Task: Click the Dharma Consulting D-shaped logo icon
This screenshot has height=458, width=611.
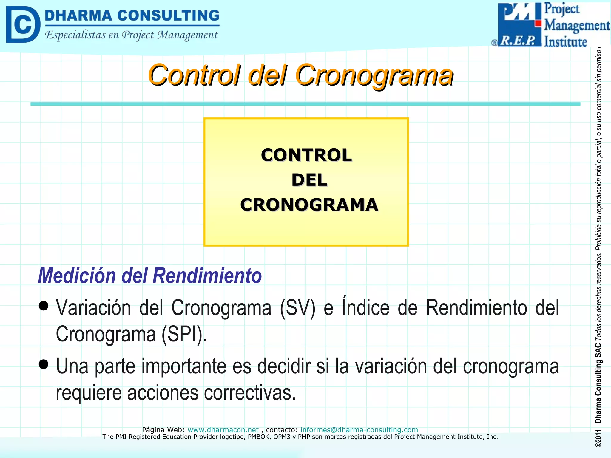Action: (x=23, y=24)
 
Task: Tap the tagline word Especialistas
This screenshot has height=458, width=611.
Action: (x=75, y=35)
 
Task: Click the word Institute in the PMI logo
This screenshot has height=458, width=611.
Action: (x=565, y=42)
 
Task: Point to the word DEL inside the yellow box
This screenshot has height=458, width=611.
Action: (x=309, y=180)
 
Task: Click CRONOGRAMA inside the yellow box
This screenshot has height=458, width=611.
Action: (x=309, y=205)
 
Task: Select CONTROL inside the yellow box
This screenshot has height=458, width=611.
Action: (x=306, y=155)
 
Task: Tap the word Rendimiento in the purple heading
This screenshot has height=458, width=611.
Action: (x=207, y=276)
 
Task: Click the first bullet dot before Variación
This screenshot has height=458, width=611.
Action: (x=44, y=306)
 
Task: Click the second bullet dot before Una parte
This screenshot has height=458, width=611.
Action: (x=44, y=364)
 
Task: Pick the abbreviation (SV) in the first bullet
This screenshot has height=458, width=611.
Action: (x=297, y=308)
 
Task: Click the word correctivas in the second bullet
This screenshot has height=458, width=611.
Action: (x=250, y=393)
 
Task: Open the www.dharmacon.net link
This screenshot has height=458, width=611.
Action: (x=223, y=430)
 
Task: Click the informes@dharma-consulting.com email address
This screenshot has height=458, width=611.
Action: (x=359, y=430)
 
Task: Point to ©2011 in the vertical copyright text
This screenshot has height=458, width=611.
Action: (x=598, y=438)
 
